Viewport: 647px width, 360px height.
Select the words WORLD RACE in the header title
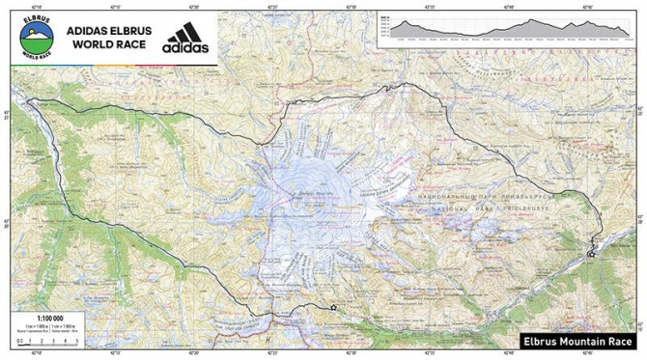[107, 44]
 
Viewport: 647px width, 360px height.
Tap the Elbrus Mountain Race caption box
[578, 341]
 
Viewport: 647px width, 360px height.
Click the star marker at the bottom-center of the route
[333, 307]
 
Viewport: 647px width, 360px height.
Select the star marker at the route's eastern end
[589, 254]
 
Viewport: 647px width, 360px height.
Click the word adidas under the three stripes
[183, 46]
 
